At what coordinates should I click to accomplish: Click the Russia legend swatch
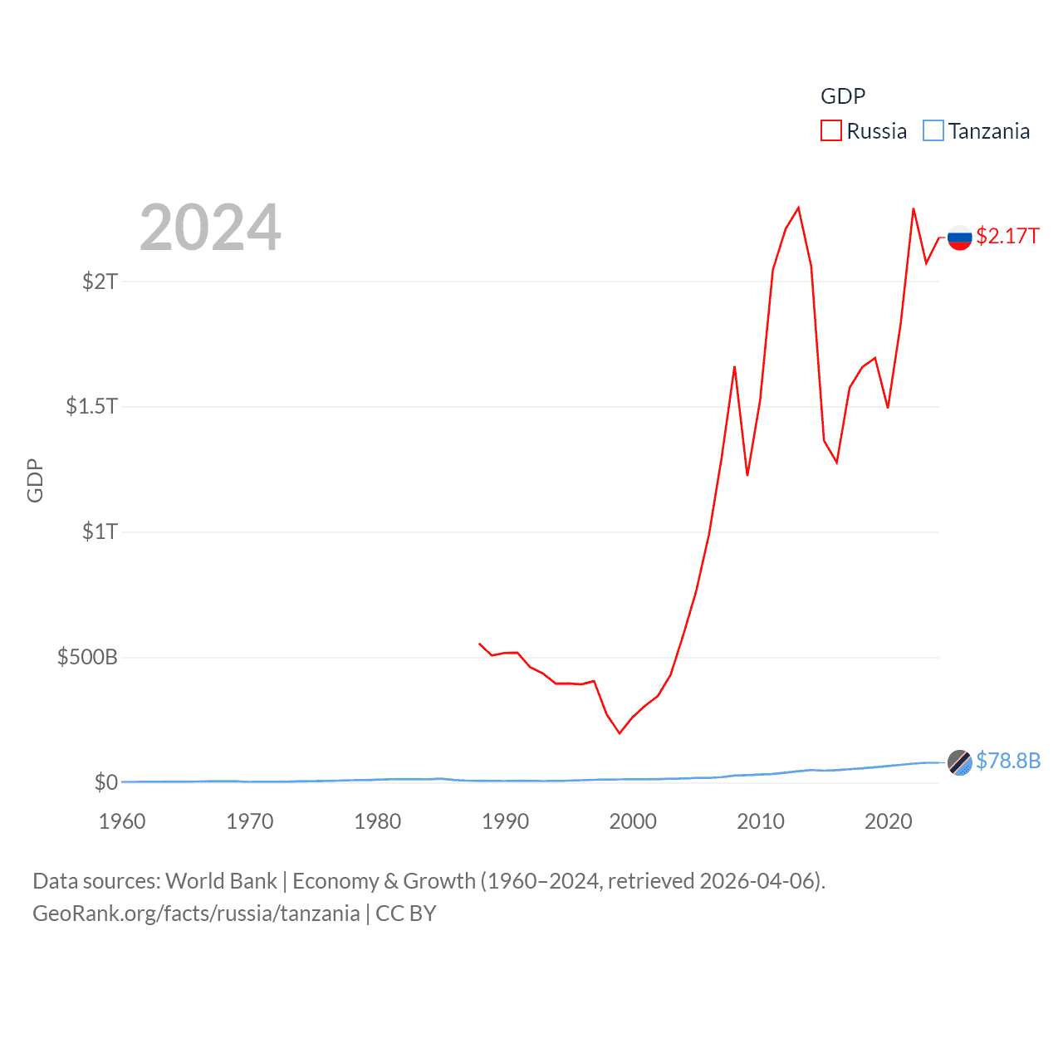pos(831,131)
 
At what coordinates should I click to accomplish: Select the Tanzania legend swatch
pos(933,131)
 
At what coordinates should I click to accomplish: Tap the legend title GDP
pos(843,96)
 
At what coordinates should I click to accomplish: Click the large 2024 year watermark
pos(210,228)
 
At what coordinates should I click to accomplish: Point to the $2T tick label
pos(100,282)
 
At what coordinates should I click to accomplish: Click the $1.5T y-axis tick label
pos(92,406)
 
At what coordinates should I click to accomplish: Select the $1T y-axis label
pos(100,531)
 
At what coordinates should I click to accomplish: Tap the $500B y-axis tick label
pos(87,658)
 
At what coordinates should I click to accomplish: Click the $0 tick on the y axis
pos(106,782)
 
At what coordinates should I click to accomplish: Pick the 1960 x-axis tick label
pos(122,821)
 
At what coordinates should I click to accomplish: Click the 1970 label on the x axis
pos(250,821)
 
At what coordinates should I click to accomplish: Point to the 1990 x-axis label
pos(505,821)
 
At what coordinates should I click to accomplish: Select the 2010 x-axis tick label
pos(761,821)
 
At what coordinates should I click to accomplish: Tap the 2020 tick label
pos(889,821)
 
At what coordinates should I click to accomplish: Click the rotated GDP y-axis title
pos(35,480)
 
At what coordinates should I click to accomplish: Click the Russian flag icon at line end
pos(960,238)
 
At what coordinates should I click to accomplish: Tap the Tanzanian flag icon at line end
pos(960,762)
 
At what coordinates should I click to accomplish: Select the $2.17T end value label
pos(1007,237)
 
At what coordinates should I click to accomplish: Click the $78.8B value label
pos(1008,761)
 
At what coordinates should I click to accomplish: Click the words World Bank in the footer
pos(222,881)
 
